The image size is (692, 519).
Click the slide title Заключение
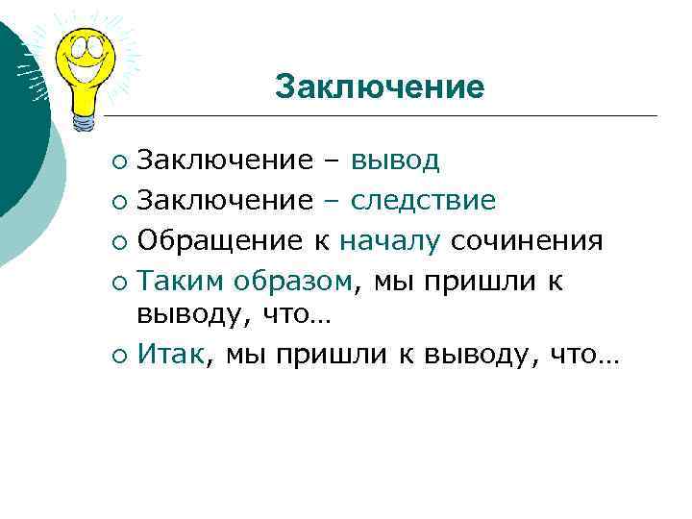379,86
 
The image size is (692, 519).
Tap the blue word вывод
395,160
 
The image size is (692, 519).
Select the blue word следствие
423,200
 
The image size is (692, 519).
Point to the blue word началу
389,240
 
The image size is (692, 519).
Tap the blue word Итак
170,355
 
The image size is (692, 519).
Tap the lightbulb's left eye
73,44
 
